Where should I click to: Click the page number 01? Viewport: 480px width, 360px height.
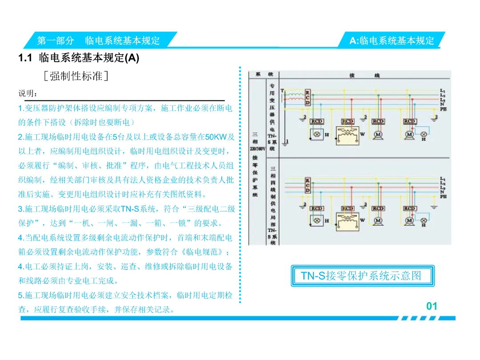pyautogui.click(x=432, y=306)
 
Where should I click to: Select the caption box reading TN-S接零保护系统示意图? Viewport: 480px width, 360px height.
pyautogui.click(x=361, y=276)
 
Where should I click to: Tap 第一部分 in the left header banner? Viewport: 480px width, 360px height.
pyautogui.click(x=56, y=40)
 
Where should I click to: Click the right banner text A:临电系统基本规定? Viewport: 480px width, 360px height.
pyautogui.click(x=392, y=41)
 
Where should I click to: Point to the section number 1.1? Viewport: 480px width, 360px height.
pyautogui.click(x=26, y=58)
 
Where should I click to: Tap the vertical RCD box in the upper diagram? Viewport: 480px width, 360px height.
pyautogui.click(x=308, y=97)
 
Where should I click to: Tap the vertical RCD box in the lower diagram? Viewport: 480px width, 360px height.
pyautogui.click(x=308, y=185)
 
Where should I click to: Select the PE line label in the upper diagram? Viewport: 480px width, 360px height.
pyautogui.click(x=443, y=109)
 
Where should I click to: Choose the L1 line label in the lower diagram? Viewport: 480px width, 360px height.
pyautogui.click(x=443, y=178)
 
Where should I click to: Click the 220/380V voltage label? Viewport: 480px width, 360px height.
pyautogui.click(x=257, y=149)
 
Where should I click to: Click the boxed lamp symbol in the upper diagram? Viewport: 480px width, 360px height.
pyautogui.click(x=317, y=134)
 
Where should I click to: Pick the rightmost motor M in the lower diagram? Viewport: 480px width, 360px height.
pyautogui.click(x=409, y=220)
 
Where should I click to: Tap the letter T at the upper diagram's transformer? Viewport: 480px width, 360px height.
pyautogui.click(x=282, y=91)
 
